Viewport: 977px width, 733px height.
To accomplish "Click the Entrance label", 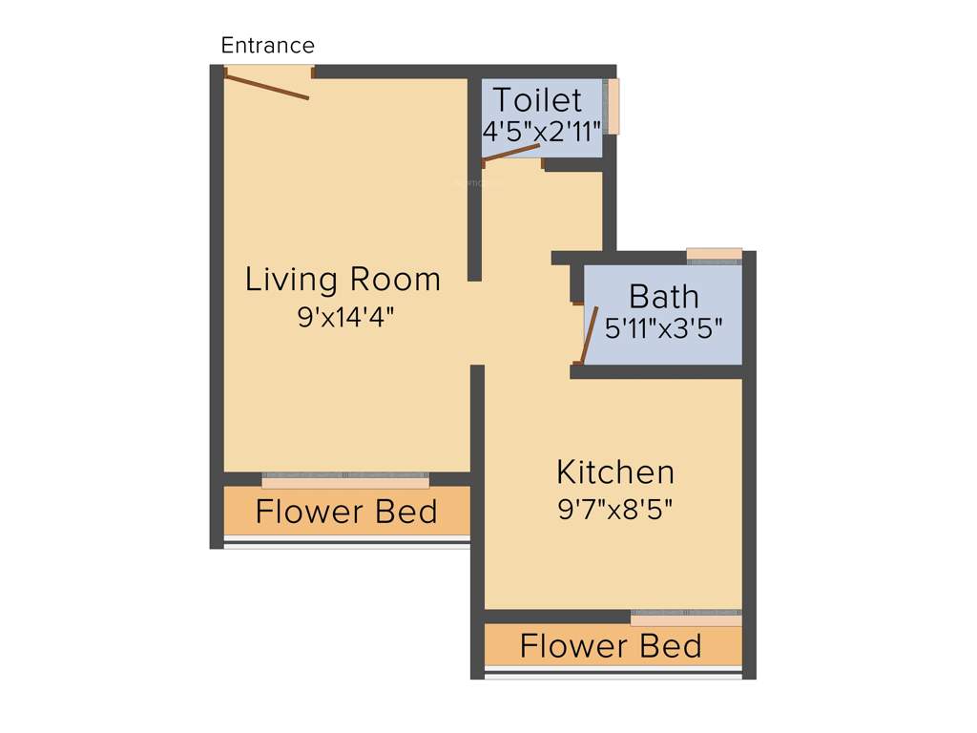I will point(267,45).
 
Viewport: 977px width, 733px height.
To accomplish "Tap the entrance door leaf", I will point(267,85).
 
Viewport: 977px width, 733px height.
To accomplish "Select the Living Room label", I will point(343,280).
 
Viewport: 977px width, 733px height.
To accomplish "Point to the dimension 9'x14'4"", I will point(345,317).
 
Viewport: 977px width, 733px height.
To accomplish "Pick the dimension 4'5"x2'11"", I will point(541,132).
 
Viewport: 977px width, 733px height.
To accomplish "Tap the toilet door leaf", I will point(512,155).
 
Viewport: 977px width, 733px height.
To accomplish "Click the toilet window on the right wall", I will point(613,106).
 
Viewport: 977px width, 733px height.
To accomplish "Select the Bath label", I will point(664,296).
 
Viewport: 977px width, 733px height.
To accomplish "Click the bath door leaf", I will point(590,336).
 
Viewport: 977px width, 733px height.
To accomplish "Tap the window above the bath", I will point(714,254).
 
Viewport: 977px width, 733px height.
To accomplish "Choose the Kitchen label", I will point(615,472).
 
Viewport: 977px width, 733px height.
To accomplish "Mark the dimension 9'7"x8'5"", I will point(615,509).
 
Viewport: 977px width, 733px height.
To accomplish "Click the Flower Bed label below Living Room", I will point(346,513).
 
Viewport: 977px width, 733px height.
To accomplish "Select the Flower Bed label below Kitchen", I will point(611,646).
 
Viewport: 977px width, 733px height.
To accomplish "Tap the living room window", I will point(345,481).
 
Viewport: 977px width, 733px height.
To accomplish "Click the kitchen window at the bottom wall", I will point(686,618).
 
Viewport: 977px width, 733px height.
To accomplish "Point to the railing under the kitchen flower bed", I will point(613,674).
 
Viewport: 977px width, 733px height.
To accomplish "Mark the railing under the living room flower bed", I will point(346,543).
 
